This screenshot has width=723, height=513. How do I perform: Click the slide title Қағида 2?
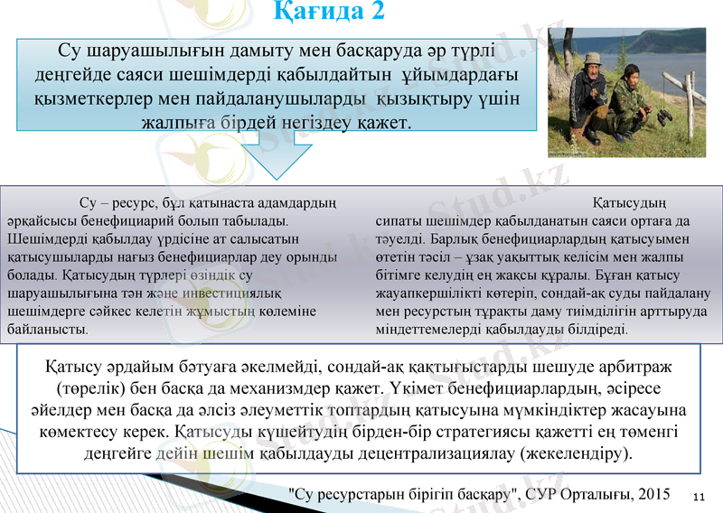(x=330, y=13)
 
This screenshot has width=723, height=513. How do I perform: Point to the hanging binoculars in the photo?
(x=664, y=117)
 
